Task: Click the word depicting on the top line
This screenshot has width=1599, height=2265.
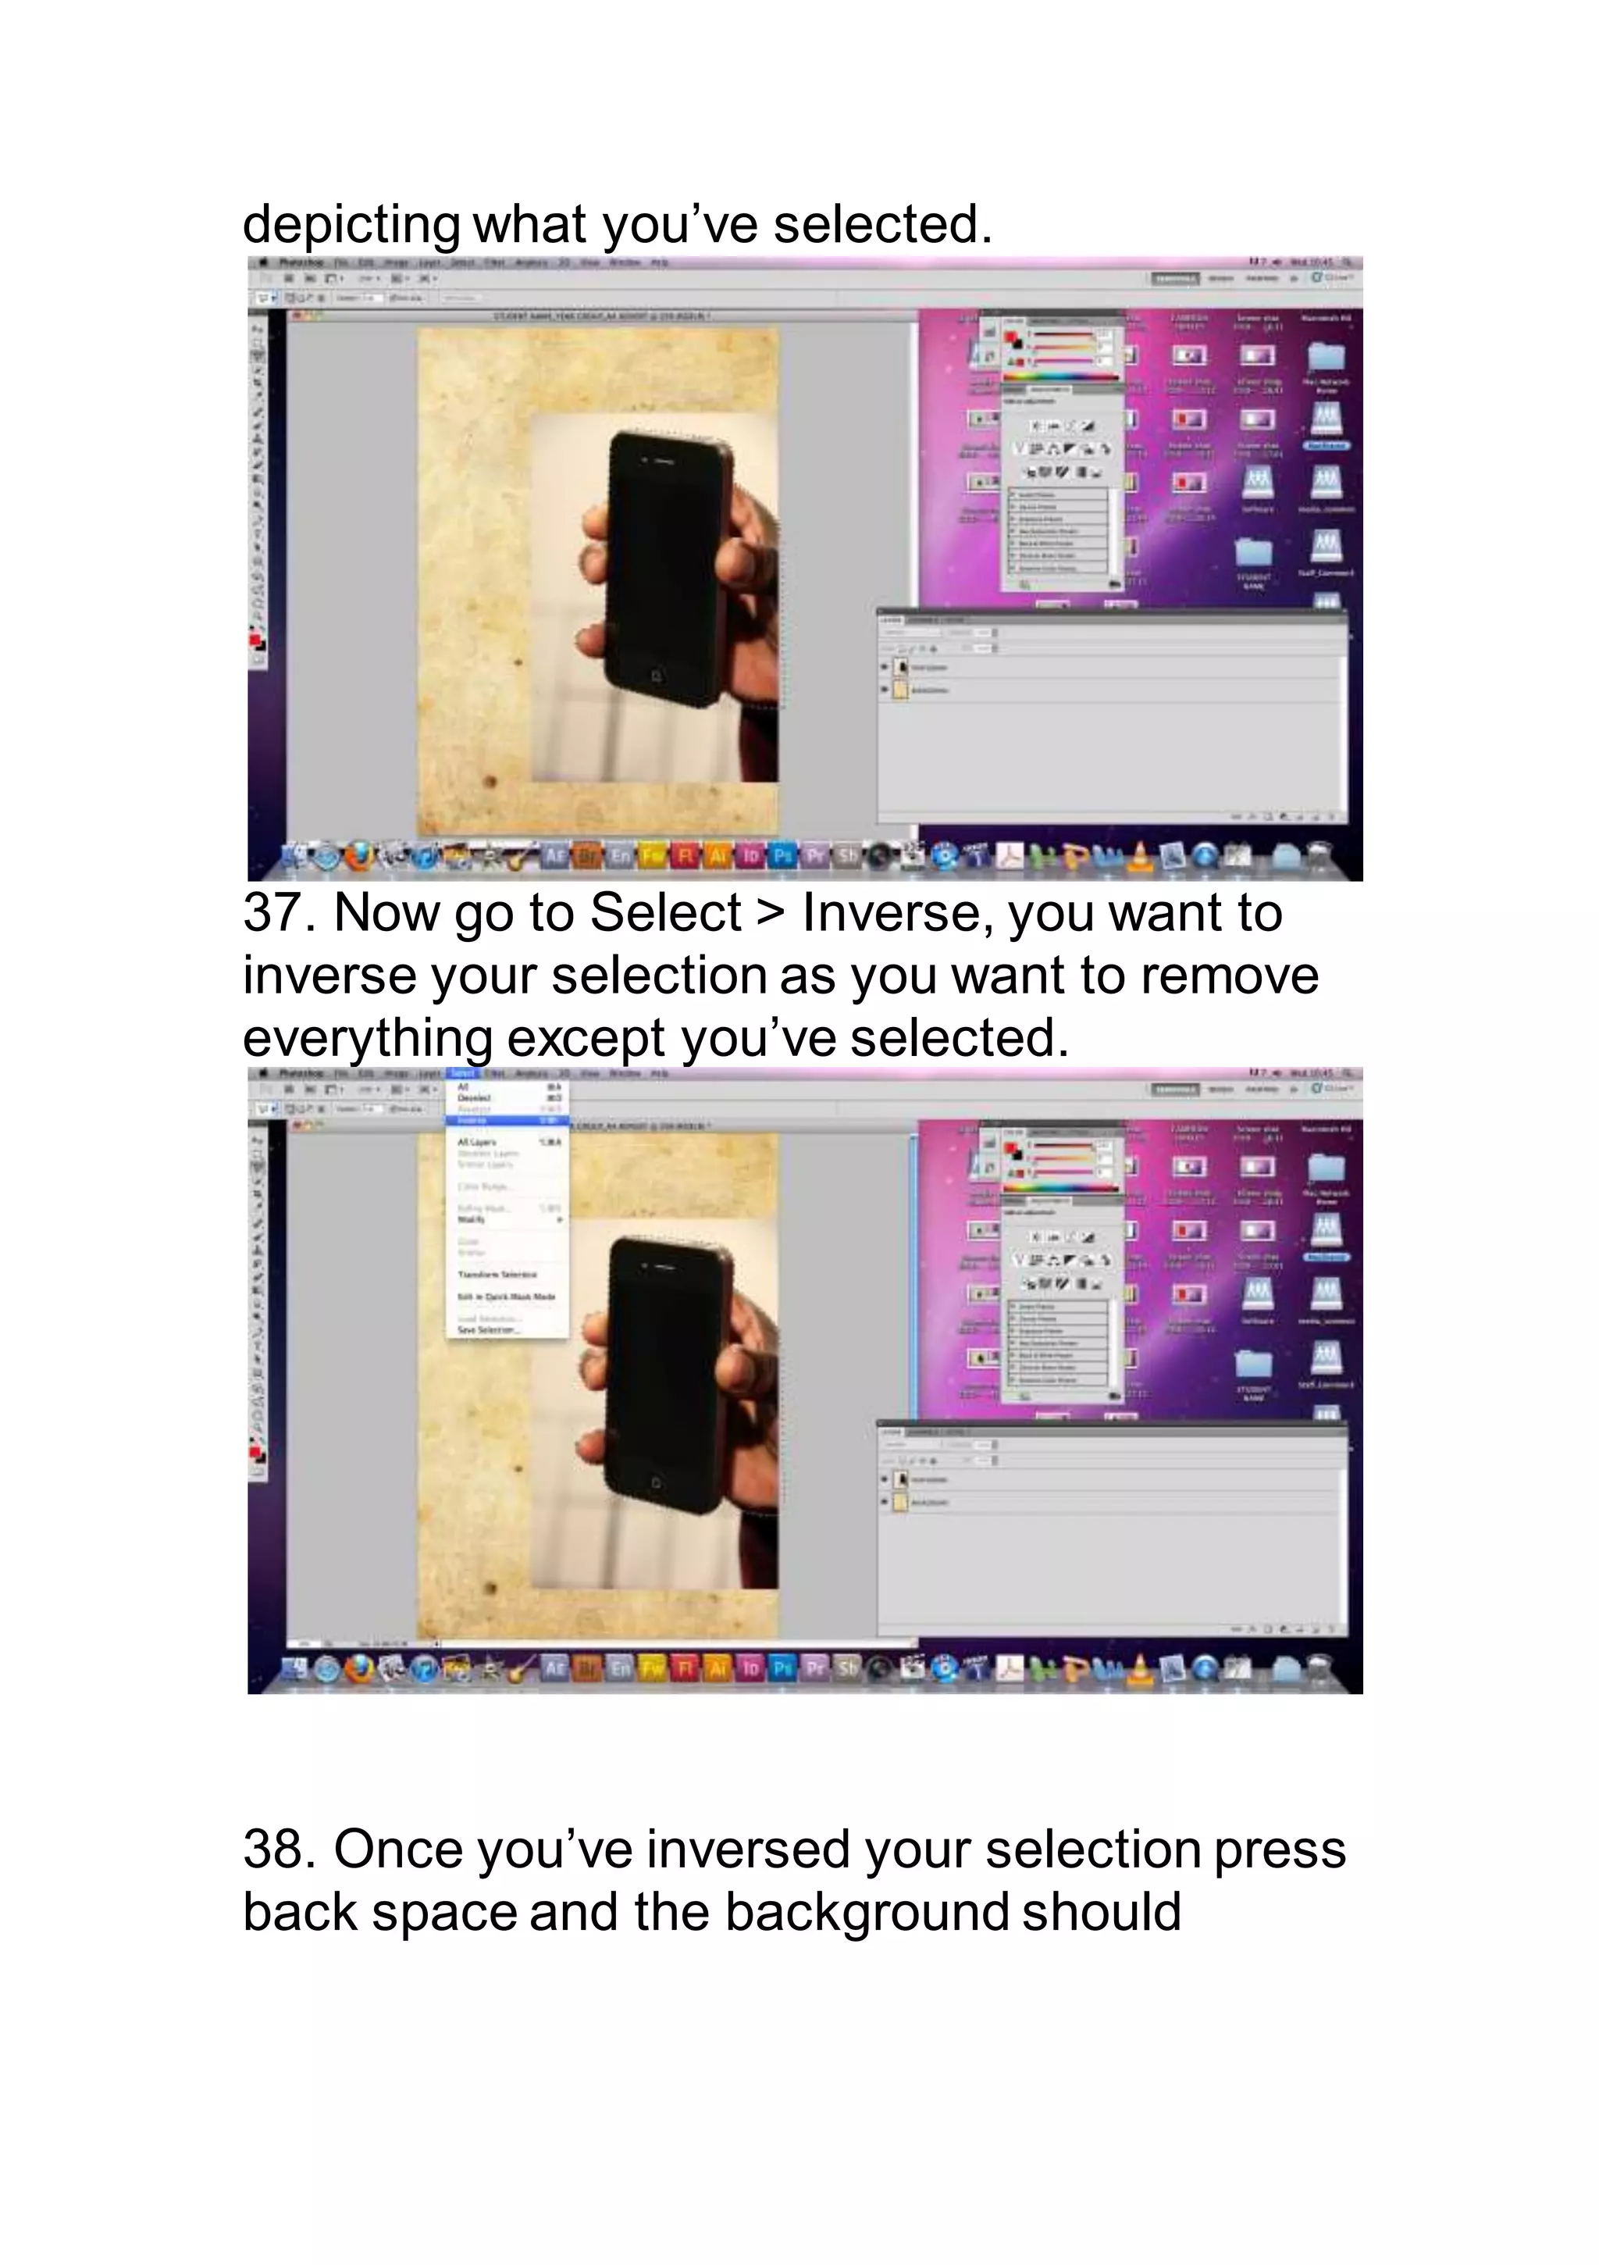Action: (x=351, y=225)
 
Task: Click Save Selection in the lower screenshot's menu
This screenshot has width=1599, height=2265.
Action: (x=487, y=1330)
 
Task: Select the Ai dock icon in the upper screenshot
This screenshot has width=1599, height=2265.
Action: (x=718, y=856)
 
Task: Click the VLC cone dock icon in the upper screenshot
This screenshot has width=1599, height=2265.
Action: (x=1141, y=856)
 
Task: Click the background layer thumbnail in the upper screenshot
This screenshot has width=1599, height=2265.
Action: (x=899, y=690)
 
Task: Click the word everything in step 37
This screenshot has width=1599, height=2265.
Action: (x=367, y=1039)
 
